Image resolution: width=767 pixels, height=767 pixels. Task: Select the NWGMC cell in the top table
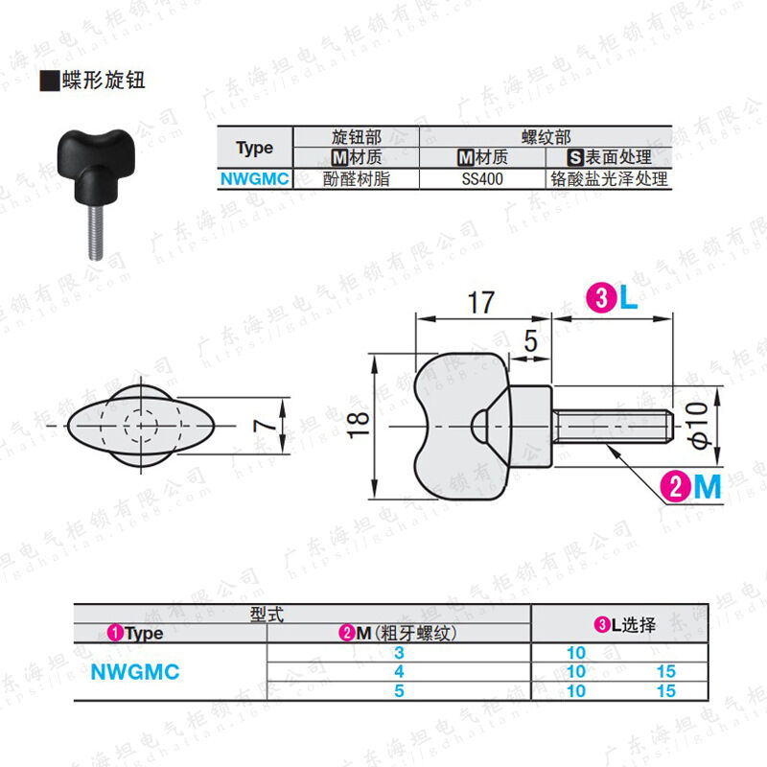pyautogui.click(x=254, y=178)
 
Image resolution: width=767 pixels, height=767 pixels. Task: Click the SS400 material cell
pyautogui.click(x=482, y=178)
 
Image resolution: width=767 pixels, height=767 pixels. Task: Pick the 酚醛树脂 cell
pyautogui.click(x=356, y=178)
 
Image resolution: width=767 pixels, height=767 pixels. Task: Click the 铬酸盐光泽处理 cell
pyautogui.click(x=608, y=178)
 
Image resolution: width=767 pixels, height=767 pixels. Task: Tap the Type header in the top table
pyautogui.click(x=254, y=148)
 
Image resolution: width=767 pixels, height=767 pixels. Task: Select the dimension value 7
pyautogui.click(x=271, y=425)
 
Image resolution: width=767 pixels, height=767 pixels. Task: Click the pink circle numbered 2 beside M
pyautogui.click(x=677, y=488)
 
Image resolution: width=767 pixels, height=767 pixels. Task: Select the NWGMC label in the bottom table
pyautogui.click(x=135, y=672)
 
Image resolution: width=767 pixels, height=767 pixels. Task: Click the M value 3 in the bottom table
pyautogui.click(x=398, y=653)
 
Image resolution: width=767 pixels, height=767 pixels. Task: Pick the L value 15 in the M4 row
pyautogui.click(x=666, y=672)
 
